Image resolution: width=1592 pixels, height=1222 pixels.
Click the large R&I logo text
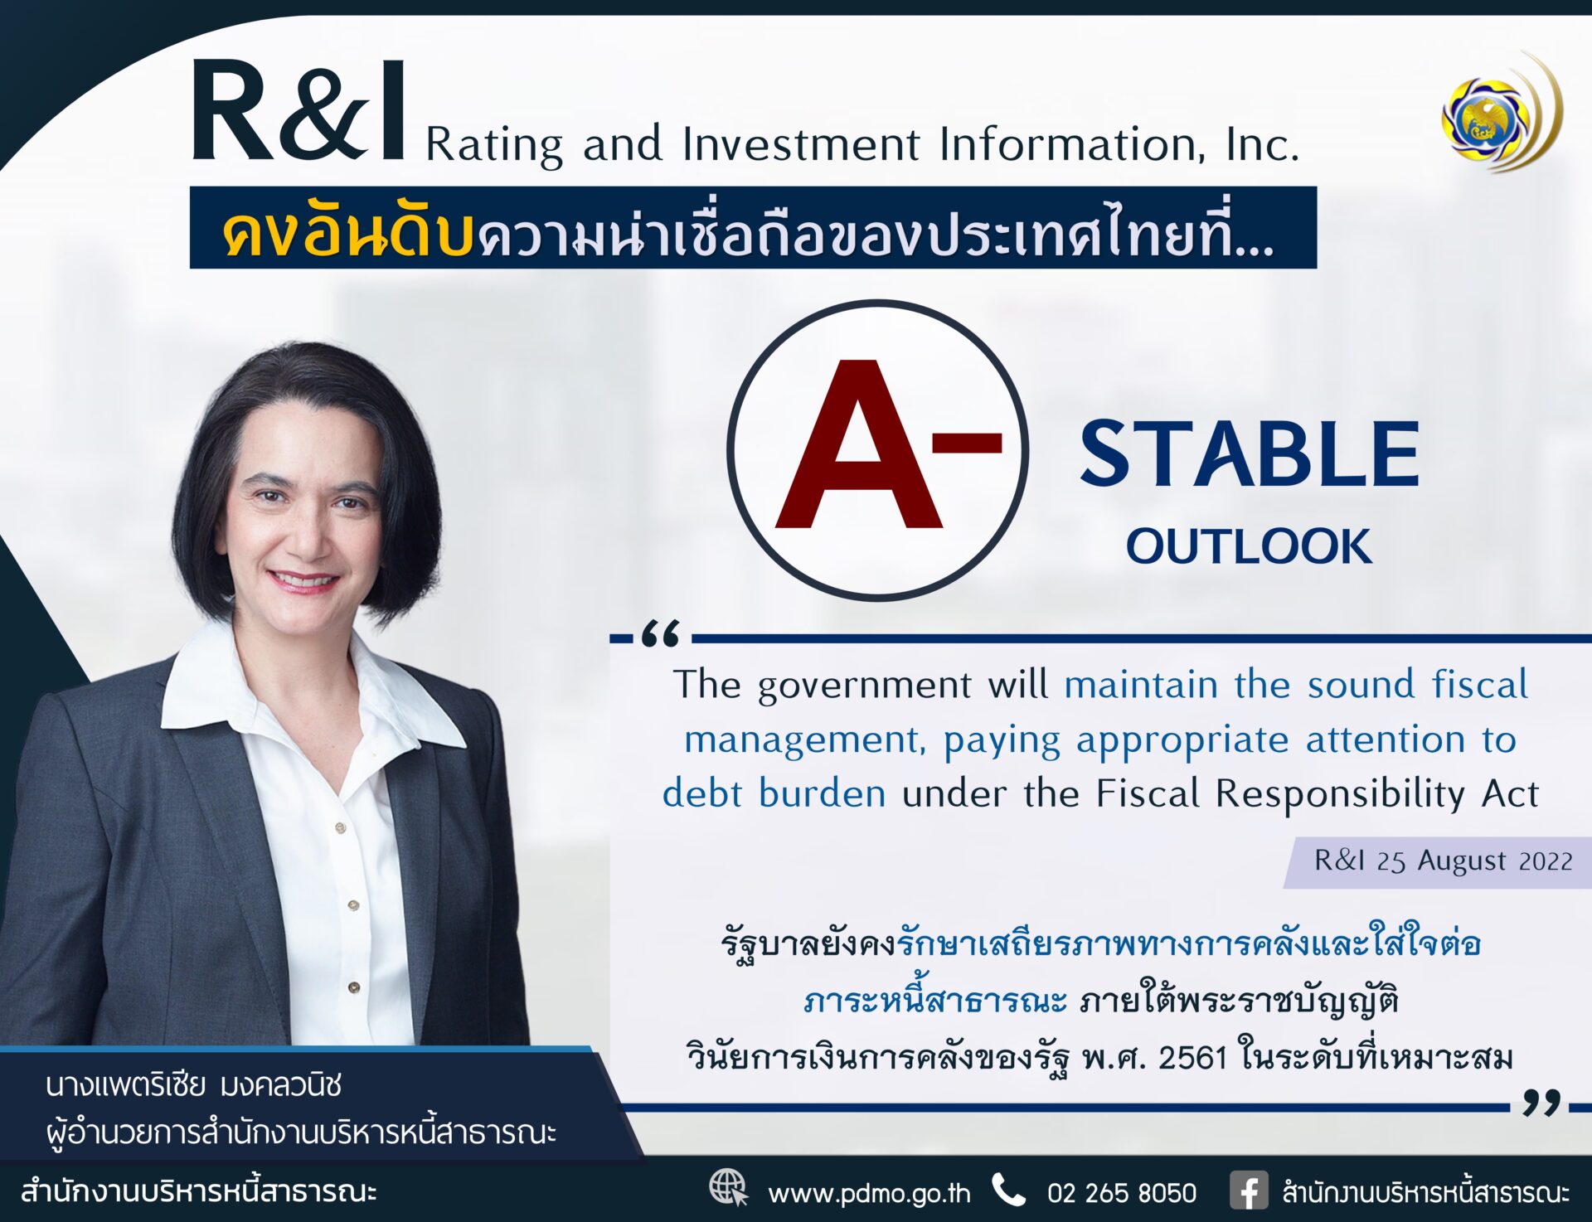point(298,109)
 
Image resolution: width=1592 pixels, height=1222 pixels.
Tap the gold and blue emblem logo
point(1502,112)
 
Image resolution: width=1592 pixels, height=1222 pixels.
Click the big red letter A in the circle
point(859,444)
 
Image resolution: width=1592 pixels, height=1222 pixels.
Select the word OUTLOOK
point(1249,546)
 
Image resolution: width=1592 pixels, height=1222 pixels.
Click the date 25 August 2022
point(1474,861)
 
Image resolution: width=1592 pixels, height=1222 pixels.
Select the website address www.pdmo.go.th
point(869,1193)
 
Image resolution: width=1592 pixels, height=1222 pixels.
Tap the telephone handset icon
point(1008,1190)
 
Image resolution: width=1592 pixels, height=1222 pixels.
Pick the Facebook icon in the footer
point(1250,1191)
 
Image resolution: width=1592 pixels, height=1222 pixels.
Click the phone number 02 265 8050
point(1121,1193)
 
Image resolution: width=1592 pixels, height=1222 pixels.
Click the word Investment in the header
point(801,144)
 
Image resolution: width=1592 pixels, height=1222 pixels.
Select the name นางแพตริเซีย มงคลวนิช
point(194,1085)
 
